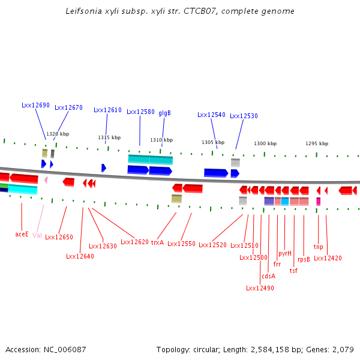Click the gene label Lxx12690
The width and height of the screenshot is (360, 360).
coord(35,105)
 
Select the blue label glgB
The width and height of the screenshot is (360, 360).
coord(164,113)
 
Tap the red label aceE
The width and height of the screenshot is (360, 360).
coord(22,234)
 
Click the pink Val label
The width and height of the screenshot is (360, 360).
coord(37,235)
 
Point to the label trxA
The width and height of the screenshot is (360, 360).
coord(157,243)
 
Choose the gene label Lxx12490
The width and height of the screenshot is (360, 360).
coord(260,288)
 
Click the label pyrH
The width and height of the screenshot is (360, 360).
coord(285,253)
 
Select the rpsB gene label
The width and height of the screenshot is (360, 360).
coord(304,260)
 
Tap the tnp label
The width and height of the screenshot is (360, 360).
coord(318,247)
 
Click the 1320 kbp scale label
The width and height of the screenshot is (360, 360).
coord(58,134)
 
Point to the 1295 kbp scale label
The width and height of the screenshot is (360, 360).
coord(317,143)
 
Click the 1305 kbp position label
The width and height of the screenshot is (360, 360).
coord(213,142)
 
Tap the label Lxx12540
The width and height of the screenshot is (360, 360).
coord(211,115)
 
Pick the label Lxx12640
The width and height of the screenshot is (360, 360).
coord(80,256)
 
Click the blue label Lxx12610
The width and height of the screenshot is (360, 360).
coord(107,110)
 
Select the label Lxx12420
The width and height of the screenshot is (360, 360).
coord(328,258)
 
